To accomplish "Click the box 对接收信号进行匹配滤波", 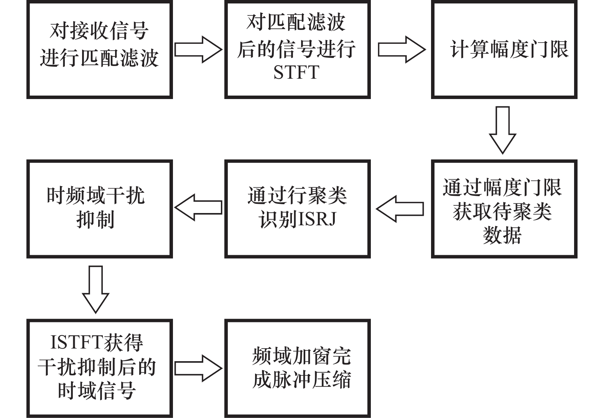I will point(99,50).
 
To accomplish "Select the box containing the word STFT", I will point(297,50).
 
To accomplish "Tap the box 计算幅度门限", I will point(504,50).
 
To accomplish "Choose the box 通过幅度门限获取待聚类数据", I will point(504,209).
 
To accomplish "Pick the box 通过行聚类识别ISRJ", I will point(297,209).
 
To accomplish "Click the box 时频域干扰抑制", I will point(99,209).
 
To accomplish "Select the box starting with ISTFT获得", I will point(99,368).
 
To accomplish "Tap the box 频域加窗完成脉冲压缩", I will point(297,368).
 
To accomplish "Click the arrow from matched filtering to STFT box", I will point(198,50).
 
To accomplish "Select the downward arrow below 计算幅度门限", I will point(502,130).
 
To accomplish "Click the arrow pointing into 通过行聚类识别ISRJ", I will point(400,209).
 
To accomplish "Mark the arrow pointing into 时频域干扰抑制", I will point(198,208).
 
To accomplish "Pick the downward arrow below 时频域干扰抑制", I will point(95,289).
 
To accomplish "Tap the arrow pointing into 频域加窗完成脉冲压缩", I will point(198,368).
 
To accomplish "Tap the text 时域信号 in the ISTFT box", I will point(97,391).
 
